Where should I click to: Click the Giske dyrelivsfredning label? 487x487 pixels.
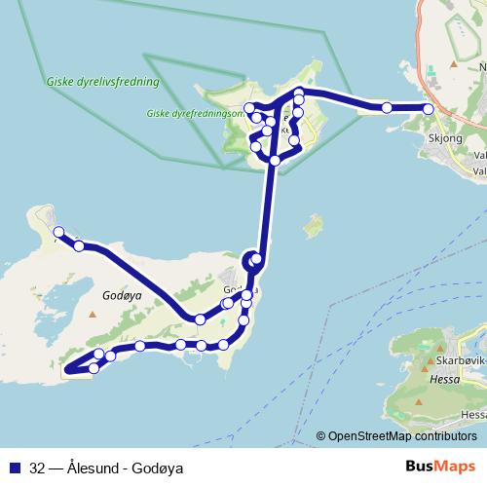101,83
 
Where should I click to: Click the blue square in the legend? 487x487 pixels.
15,467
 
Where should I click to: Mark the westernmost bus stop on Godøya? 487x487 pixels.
58,232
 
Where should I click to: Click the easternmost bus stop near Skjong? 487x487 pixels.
429,109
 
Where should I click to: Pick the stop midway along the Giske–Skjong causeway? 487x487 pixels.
387,107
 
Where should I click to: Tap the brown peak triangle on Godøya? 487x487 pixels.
93,315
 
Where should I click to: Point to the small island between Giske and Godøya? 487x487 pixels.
313,227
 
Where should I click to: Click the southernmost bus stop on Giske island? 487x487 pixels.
276,160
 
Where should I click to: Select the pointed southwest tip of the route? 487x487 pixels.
65,370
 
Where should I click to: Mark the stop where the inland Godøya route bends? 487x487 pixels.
199,319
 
